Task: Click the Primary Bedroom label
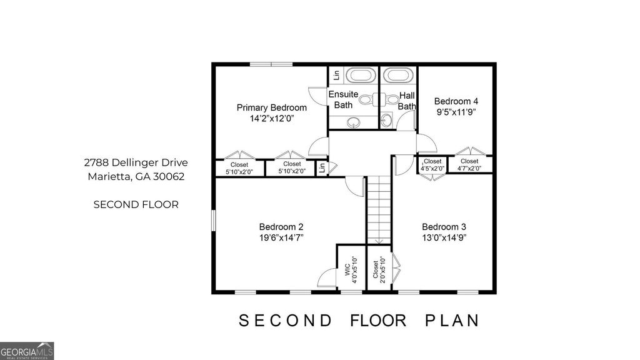click(271, 107)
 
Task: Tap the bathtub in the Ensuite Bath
click(359, 76)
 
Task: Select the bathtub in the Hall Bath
click(397, 76)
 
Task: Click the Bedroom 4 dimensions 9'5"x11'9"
click(456, 112)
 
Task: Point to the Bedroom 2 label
click(281, 227)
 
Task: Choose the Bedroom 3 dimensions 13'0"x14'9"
click(444, 237)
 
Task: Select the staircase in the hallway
click(378, 209)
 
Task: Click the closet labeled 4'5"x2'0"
click(432, 164)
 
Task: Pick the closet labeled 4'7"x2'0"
click(469, 164)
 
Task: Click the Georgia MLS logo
click(27, 351)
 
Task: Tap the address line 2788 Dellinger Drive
click(136, 162)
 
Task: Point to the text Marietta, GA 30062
click(136, 176)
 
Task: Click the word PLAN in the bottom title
click(452, 321)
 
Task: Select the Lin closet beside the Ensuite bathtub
click(336, 75)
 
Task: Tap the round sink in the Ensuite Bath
click(354, 121)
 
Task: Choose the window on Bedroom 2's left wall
click(213, 220)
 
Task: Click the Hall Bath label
click(407, 101)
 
